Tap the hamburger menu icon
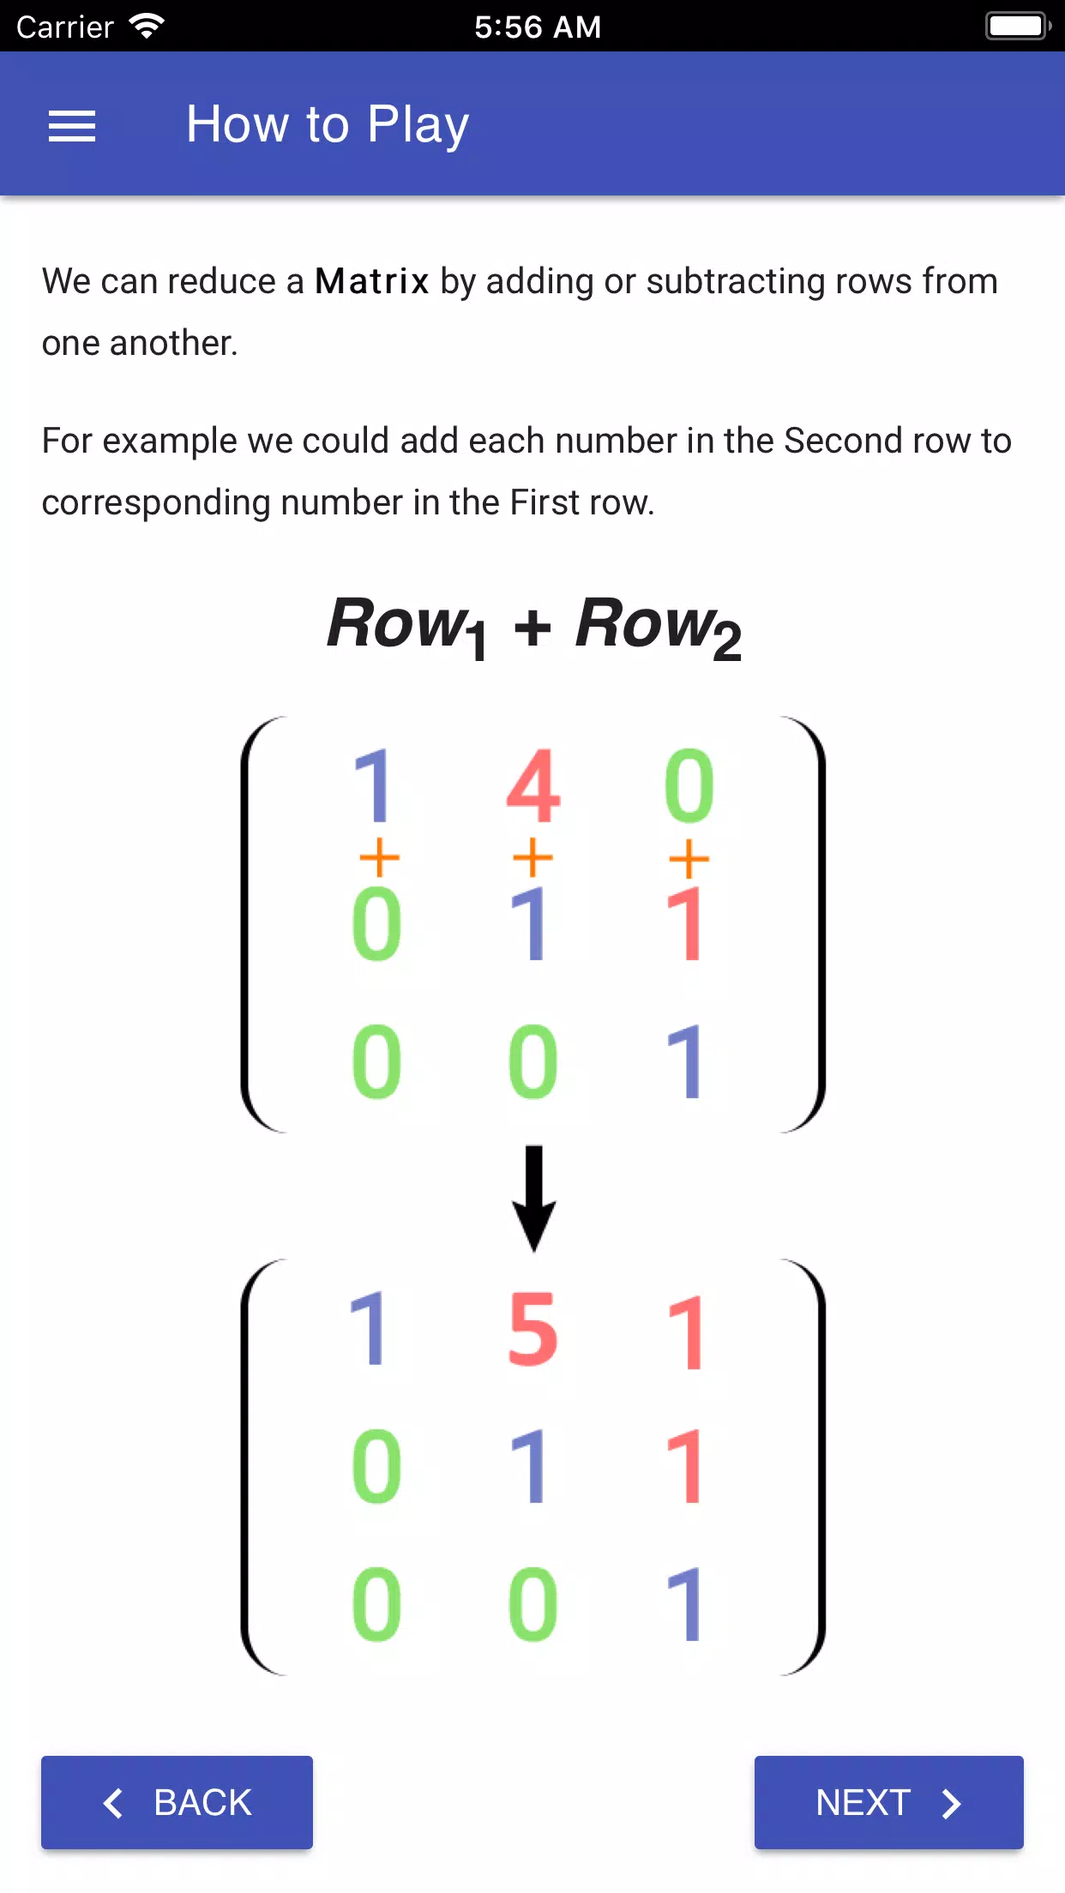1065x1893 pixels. [x=72, y=126]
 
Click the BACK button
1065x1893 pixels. [x=177, y=1802]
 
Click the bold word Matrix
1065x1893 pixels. [x=371, y=281]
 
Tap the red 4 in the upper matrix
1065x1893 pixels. [x=532, y=785]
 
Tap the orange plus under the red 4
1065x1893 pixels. [x=532, y=857]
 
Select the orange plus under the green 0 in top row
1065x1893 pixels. [x=689, y=858]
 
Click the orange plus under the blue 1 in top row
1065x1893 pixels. [x=379, y=857]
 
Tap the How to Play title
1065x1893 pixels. [x=328, y=124]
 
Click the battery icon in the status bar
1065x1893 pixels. [x=1018, y=26]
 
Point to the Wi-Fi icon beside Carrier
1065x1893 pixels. [x=147, y=26]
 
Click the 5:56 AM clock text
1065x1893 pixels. [x=538, y=27]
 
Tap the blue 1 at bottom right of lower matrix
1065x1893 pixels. [x=685, y=1603]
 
